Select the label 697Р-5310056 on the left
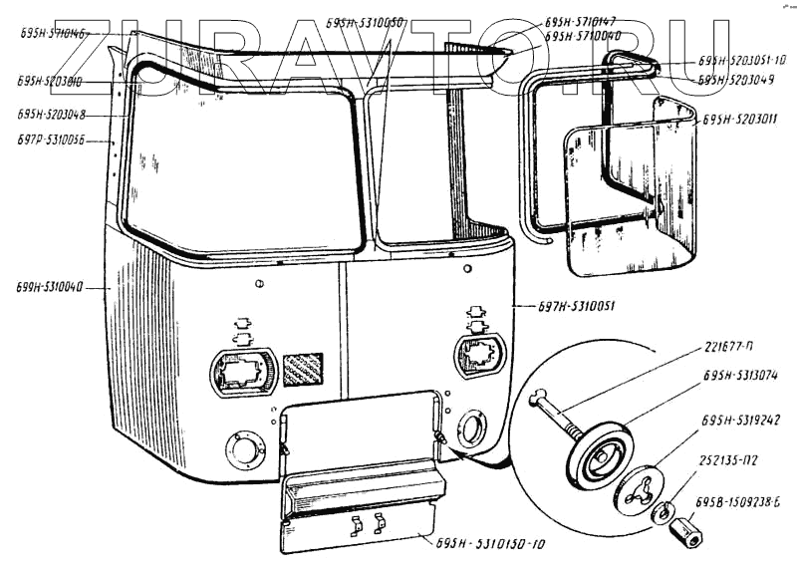pos(51,143)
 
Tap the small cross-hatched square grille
pos(303,369)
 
